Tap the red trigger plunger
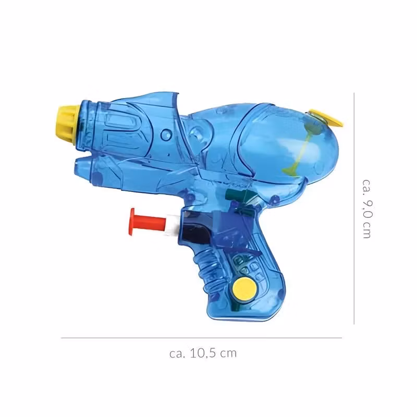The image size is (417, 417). click(148, 222)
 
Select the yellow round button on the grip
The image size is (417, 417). click(244, 289)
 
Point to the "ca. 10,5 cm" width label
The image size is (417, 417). click(203, 353)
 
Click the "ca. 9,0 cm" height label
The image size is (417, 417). click(366, 209)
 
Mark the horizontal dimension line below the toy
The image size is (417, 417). click(201, 338)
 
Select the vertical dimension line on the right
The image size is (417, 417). click(354, 208)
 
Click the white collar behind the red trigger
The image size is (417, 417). click(172, 225)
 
